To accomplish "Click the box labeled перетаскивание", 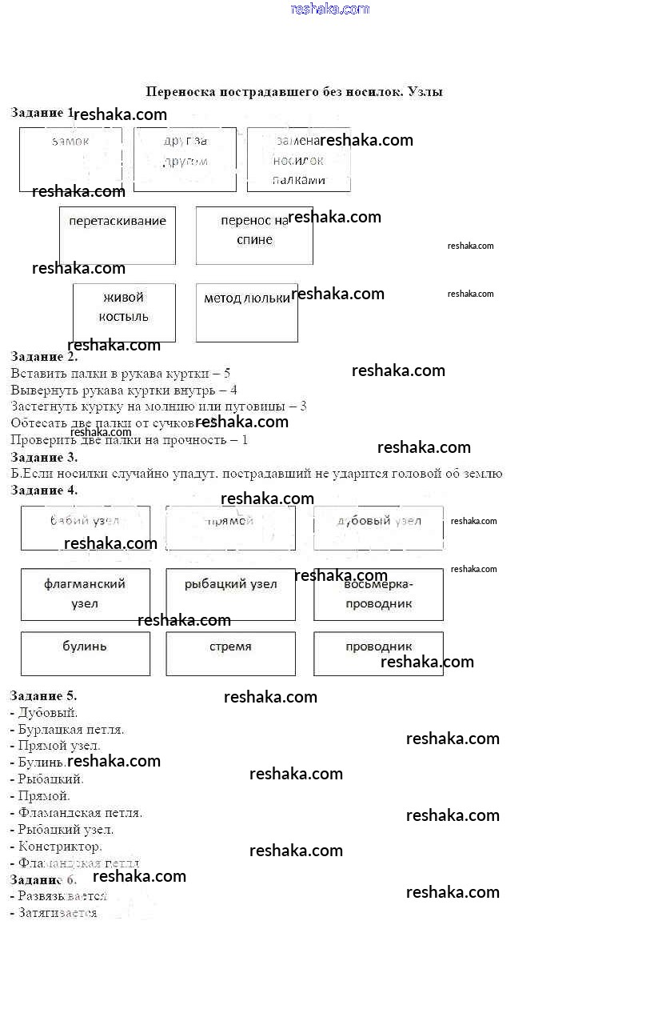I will coord(117,235).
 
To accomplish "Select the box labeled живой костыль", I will coord(124,312).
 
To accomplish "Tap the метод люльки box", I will coord(246,312).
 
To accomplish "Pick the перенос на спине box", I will coord(254,235).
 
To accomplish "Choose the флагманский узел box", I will coord(85,594).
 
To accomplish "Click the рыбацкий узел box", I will coord(230,594).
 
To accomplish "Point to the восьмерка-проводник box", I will coord(378,594).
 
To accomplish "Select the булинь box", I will coord(85,654).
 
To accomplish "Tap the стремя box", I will coord(230,654).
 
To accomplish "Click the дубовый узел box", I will coord(378,527).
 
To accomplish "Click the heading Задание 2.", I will coord(44,357).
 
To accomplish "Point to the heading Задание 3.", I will coord(44,457).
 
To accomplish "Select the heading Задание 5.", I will coord(44,696).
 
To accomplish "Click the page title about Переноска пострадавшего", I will coord(294,92).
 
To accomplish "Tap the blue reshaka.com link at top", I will coord(330,9).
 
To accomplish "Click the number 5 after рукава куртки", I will coord(227,373).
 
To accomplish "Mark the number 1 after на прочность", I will coord(245,439).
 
